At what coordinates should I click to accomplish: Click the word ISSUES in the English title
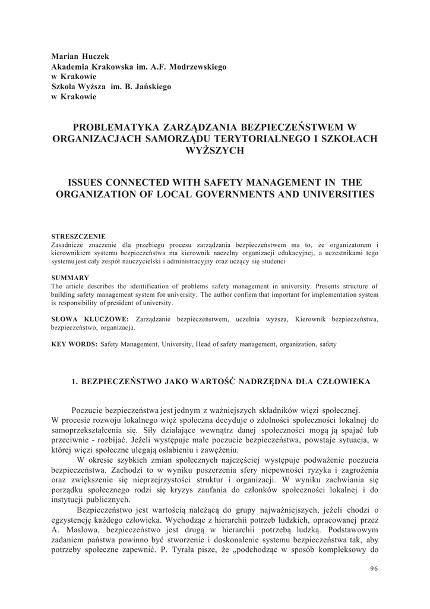87,183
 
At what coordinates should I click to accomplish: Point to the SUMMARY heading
70,278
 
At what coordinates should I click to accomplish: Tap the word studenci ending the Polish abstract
272,261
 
